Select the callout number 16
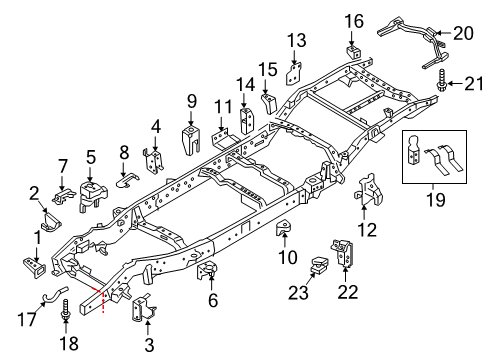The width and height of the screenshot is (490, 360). click(355, 21)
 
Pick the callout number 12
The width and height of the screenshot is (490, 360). click(368, 231)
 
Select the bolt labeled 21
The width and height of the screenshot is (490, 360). click(441, 83)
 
